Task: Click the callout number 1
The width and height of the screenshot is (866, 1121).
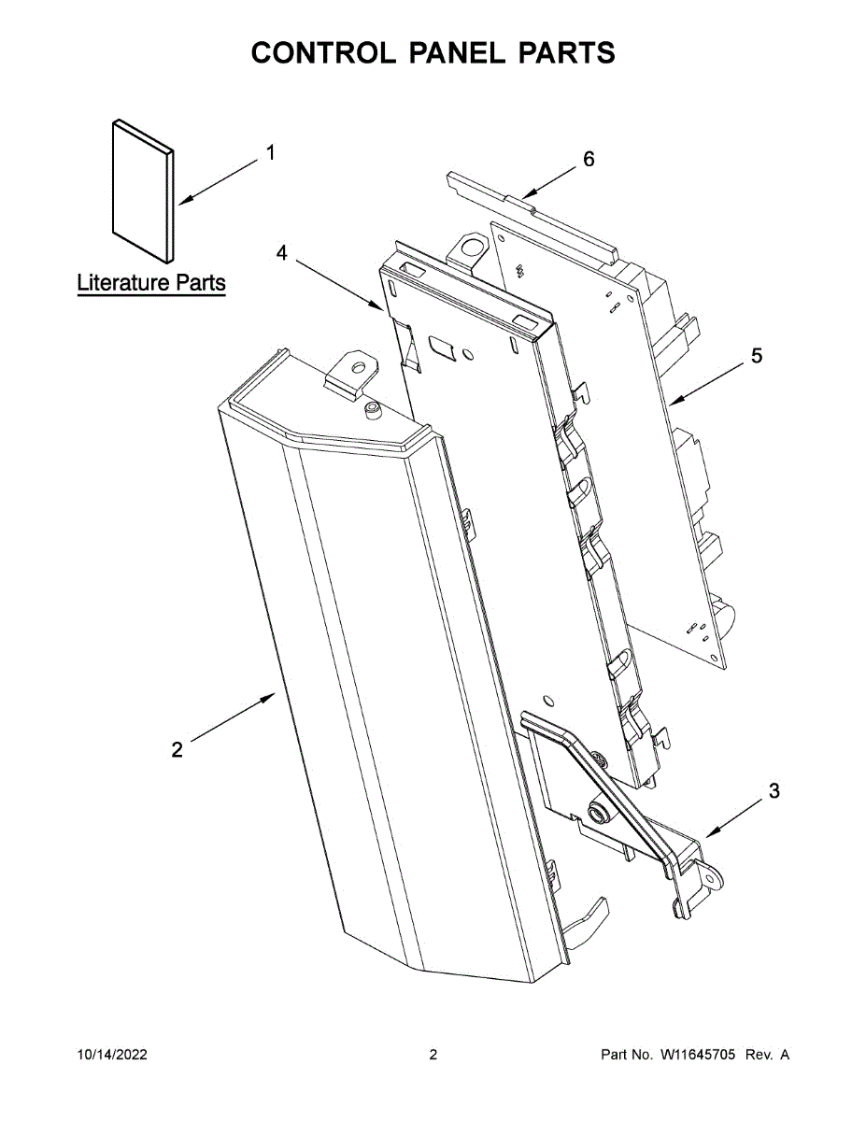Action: pos(271,152)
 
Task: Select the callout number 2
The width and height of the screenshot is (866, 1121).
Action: pos(177,749)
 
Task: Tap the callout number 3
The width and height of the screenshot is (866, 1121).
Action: pos(774,791)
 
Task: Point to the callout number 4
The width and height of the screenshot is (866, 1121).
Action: pos(281,252)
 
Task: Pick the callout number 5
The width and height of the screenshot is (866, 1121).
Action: pos(757,355)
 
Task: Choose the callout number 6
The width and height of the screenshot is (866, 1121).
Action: pos(589,159)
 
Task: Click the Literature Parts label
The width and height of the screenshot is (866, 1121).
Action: pos(151,282)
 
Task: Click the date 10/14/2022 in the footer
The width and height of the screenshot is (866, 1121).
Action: pos(111,1055)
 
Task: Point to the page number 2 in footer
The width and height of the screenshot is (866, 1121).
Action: pos(433,1055)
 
